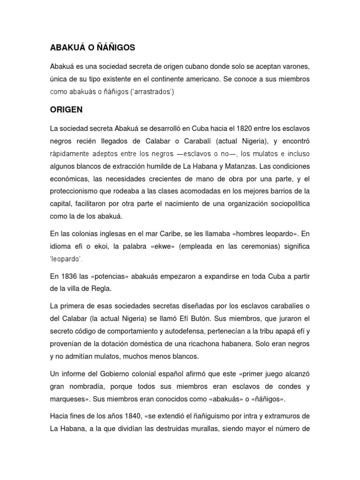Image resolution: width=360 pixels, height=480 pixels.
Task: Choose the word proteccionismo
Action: click(x=77, y=191)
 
